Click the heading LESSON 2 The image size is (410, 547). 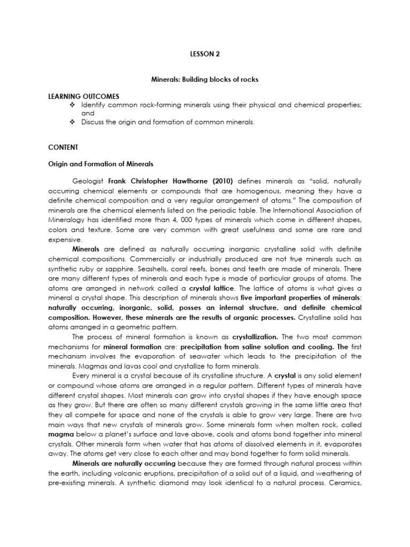pos(204,54)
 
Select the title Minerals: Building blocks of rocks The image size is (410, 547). pos(204,80)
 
